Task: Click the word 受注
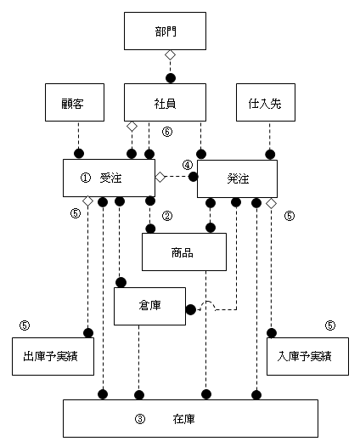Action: pos(110,178)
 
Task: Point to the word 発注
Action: pos(238,178)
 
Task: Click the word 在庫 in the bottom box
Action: pos(183,419)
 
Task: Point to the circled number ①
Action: pos(86,178)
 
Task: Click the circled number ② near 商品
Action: pos(167,216)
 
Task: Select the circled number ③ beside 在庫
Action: pos(140,419)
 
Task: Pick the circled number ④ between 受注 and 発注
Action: pos(188,165)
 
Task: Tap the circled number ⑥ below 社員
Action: pos(167,132)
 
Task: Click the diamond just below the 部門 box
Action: pos(171,55)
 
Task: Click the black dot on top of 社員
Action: pos(171,78)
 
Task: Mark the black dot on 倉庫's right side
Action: pos(191,309)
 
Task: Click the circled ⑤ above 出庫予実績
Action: pos(25,325)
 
